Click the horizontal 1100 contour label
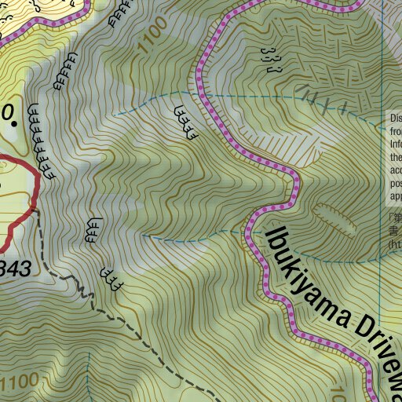(x=19, y=384)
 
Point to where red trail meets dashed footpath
(x=31, y=209)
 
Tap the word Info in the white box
(x=396, y=145)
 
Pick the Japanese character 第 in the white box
(x=397, y=220)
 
